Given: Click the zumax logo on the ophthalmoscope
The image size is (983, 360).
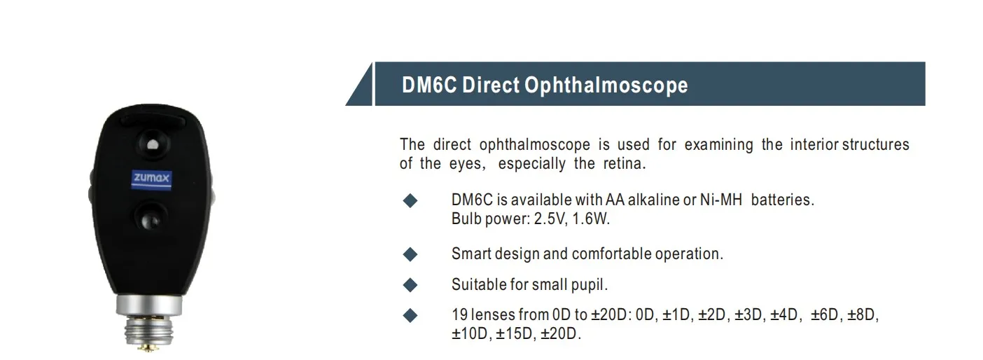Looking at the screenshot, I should pos(151,179).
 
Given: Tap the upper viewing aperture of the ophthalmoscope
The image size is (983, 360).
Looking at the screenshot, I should pos(153,145).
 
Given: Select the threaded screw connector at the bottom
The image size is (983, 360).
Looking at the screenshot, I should pos(149,333).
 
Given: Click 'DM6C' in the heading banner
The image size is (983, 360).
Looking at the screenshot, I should pos(428,85).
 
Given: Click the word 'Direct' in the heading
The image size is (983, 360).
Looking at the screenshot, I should pos(491,85).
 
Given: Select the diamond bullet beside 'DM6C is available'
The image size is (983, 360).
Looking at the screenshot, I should pos(410,201).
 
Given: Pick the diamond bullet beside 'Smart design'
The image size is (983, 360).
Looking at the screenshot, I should pos(410,254).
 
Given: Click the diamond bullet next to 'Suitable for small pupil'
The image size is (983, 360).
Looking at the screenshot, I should pos(410,285).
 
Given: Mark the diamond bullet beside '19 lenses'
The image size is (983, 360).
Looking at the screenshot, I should pos(410,316).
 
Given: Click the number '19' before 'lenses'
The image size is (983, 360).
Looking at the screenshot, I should pos(459,315).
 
